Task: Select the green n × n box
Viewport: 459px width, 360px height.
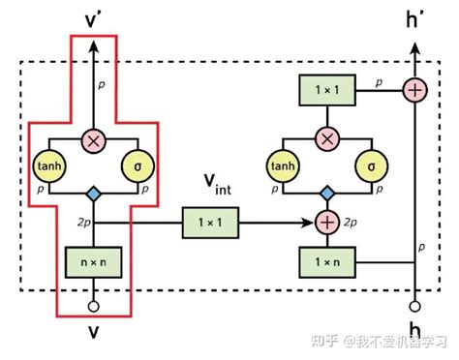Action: pyautogui.click(x=93, y=259)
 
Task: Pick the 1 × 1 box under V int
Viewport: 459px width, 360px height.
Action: pyautogui.click(x=208, y=225)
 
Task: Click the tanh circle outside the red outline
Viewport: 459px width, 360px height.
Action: pyautogui.click(x=283, y=165)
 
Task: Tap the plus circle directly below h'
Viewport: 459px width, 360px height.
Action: pyautogui.click(x=416, y=91)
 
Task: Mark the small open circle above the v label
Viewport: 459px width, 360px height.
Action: pyautogui.click(x=93, y=308)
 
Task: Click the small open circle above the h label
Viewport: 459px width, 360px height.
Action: pyautogui.click(x=416, y=308)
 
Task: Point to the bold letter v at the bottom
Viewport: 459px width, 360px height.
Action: pyautogui.click(x=93, y=334)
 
